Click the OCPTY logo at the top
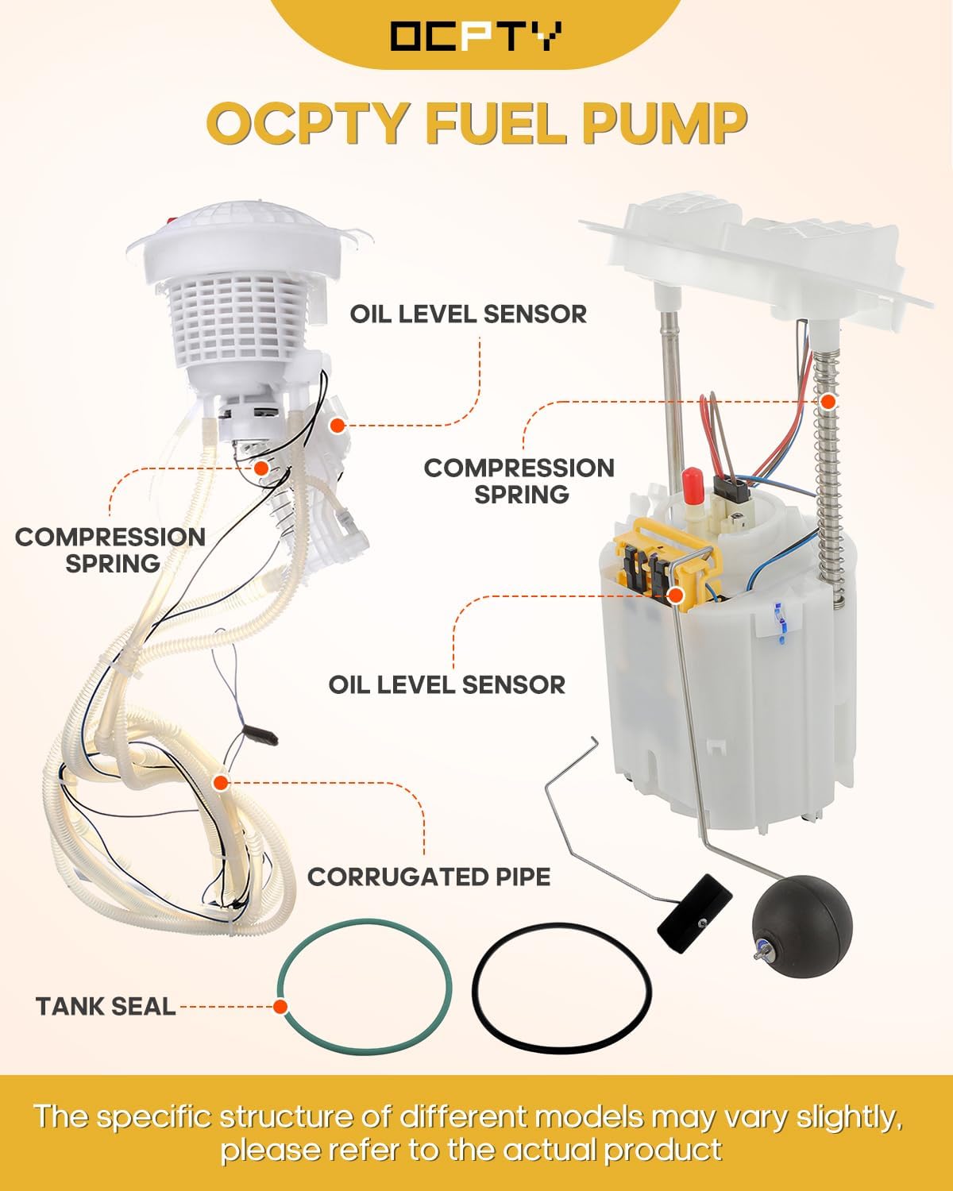click(476, 36)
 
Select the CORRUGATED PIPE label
click(429, 877)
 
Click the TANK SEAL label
click(106, 1007)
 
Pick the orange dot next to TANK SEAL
click(280, 1007)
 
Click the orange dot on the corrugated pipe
click(221, 783)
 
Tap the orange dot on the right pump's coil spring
click(828, 402)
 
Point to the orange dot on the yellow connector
click(677, 594)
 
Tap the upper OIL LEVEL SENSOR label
click(469, 314)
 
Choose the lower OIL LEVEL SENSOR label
click(447, 684)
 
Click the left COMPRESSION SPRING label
click(110, 549)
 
